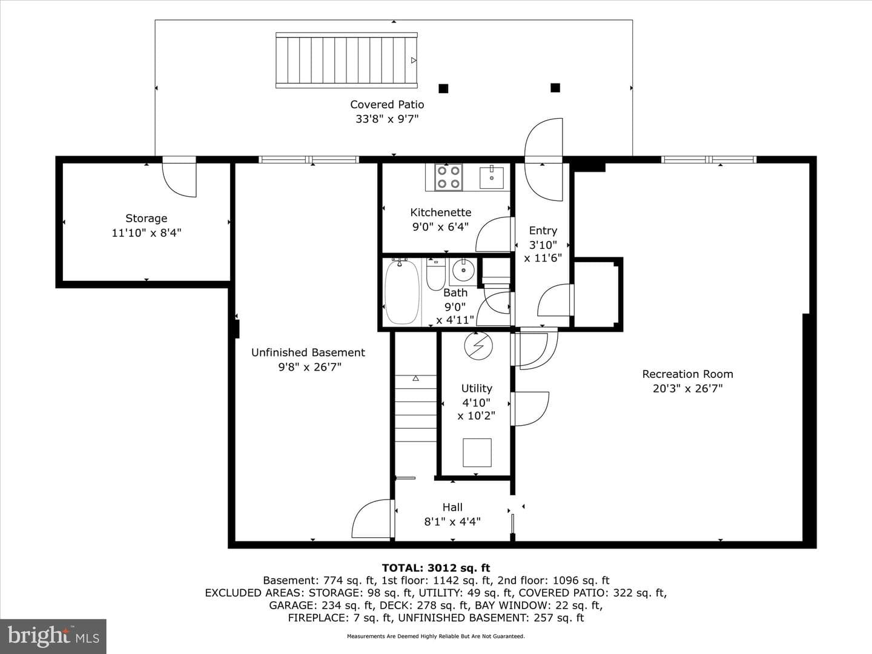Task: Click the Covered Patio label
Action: [387, 104]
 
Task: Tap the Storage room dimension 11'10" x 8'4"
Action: [146, 233]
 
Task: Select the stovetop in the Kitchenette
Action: [448, 177]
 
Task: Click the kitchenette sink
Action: [492, 177]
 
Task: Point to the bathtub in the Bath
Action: [402, 291]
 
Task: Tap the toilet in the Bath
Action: [436, 274]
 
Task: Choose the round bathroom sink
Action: [463, 270]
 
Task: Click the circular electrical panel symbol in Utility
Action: [478, 345]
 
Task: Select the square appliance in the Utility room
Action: [477, 453]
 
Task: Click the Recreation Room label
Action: [688, 374]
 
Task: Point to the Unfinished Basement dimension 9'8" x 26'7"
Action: [310, 367]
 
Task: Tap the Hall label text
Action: [452, 507]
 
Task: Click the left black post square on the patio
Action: [443, 88]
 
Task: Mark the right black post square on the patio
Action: [555, 87]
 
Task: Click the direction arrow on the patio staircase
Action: [414, 61]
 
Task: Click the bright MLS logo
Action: [53, 636]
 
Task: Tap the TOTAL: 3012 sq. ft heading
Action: [436, 568]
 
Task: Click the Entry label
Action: [543, 230]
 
